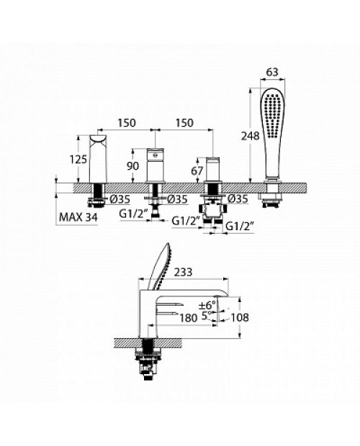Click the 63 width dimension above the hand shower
point(272,72)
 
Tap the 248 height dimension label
point(250,136)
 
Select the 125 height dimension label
point(78,159)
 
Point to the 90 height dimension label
point(133,166)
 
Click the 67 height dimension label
point(197,171)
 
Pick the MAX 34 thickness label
point(78,217)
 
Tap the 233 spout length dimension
point(184,272)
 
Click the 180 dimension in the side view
point(189,318)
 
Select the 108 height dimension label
point(239,317)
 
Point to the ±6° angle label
point(207,306)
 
